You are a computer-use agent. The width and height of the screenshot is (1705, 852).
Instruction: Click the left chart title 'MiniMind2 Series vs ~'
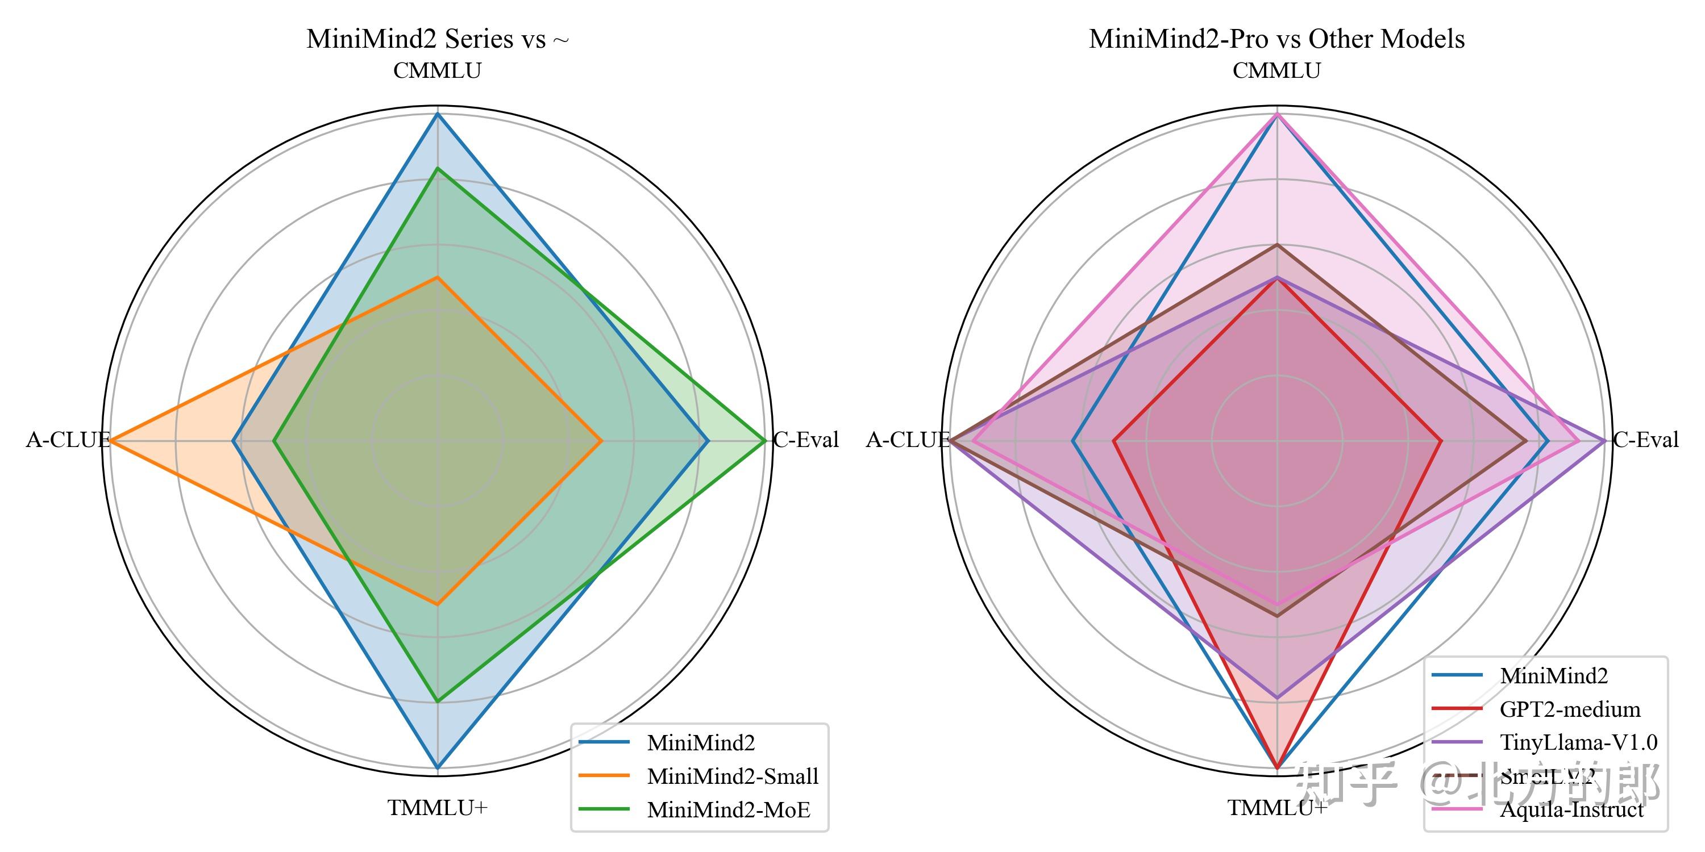(438, 39)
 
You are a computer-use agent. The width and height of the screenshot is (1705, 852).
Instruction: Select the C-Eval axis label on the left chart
(805, 440)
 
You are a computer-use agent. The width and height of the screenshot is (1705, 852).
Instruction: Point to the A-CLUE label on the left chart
(68, 440)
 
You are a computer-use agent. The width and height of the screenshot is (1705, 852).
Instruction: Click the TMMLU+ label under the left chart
(438, 808)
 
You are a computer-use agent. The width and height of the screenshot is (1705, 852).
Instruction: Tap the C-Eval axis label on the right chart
(1645, 440)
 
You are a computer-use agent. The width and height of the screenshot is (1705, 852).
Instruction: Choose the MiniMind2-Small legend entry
(732, 776)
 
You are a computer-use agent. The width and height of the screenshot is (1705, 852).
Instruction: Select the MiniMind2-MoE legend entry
(728, 809)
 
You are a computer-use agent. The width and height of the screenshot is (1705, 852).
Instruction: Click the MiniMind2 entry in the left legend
(700, 743)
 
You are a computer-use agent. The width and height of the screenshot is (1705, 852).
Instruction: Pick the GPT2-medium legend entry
(1569, 709)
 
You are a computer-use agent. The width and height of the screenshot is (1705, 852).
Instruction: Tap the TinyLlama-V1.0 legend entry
(1578, 742)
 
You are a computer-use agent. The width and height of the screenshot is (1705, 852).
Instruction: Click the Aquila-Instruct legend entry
(1571, 809)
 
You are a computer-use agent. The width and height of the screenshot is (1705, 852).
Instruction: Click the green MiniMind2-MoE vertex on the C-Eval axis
(765, 440)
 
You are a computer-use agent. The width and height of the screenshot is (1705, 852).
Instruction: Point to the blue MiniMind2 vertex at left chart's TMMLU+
(438, 768)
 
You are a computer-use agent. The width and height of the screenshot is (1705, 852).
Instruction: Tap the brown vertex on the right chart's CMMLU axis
(1278, 245)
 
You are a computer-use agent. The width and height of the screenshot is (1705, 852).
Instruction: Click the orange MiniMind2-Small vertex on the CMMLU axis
(438, 277)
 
